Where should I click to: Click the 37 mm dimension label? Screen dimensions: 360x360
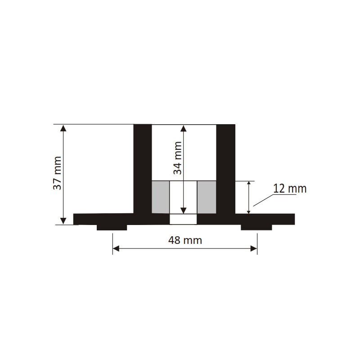tap(57, 173)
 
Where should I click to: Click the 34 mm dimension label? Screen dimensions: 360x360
tap(177, 158)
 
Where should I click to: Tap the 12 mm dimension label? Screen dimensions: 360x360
tap(290, 189)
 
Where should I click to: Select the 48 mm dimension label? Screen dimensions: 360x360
tap(185, 240)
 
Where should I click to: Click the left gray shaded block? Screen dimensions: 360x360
tap(161, 197)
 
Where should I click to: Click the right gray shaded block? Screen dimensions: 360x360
tap(207, 197)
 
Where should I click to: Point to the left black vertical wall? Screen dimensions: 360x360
tap(143, 169)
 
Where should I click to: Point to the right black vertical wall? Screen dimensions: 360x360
tap(226, 169)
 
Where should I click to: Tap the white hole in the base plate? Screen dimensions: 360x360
tap(183, 219)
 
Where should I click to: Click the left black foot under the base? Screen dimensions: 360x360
tap(112, 227)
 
